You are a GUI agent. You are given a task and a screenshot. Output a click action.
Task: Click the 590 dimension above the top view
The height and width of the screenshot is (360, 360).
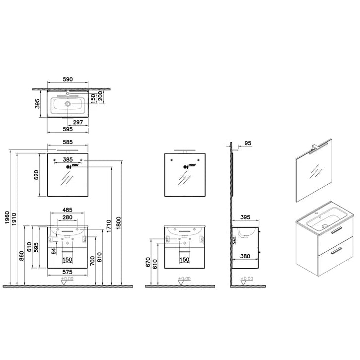click(68, 79)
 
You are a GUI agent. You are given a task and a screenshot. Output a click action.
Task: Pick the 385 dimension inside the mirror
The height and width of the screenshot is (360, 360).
click(68, 160)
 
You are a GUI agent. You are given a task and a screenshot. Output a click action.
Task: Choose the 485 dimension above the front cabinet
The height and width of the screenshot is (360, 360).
click(68, 210)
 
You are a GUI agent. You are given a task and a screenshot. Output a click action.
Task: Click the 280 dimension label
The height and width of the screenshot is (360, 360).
click(68, 217)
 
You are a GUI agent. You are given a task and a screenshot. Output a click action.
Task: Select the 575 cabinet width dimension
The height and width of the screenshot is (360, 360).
click(68, 272)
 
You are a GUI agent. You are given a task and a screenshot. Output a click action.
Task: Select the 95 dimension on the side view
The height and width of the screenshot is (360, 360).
click(249, 143)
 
